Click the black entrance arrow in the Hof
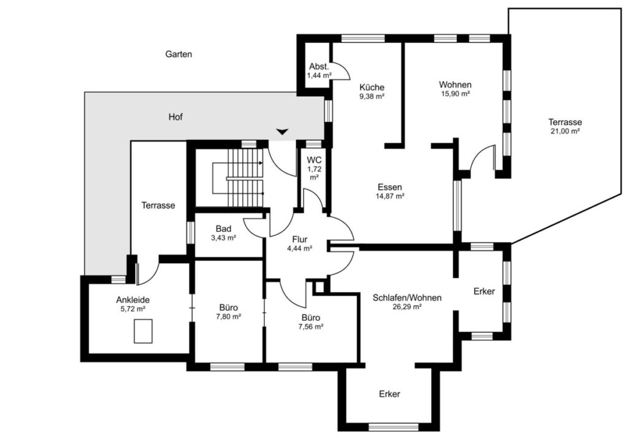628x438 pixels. (x=282, y=131)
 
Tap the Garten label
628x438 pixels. (x=178, y=54)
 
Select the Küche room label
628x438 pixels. (x=372, y=87)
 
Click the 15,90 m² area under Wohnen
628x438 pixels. (x=455, y=94)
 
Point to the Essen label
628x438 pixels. (x=389, y=187)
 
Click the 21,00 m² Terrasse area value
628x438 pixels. (x=565, y=131)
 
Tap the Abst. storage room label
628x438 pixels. (x=319, y=67)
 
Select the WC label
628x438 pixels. (x=315, y=161)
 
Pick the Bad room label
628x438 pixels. (x=223, y=229)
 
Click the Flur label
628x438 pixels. (x=299, y=240)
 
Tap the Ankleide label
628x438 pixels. (x=133, y=300)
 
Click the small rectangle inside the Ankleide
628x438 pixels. (x=143, y=331)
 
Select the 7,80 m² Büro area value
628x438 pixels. (x=228, y=317)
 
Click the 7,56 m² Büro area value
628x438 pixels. (x=311, y=326)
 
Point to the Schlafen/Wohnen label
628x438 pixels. (x=407, y=298)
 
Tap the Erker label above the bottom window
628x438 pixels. (x=389, y=394)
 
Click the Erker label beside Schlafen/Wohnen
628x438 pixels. (x=484, y=291)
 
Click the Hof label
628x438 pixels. (x=175, y=117)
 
